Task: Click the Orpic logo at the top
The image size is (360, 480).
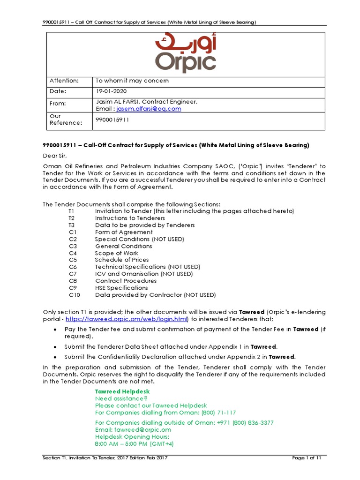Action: (x=186, y=54)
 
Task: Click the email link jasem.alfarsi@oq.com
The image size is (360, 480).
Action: (x=145, y=109)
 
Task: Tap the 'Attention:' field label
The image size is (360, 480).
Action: (x=62, y=81)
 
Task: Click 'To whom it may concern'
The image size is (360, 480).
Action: (x=132, y=81)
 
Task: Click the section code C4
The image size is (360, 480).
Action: (x=72, y=253)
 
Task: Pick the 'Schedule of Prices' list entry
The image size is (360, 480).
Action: (x=122, y=260)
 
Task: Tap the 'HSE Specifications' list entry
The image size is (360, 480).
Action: (x=121, y=288)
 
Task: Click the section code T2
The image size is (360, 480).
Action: (x=71, y=218)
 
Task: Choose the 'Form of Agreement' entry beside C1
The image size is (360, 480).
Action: (x=124, y=232)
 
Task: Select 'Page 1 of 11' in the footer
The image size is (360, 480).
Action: (x=305, y=458)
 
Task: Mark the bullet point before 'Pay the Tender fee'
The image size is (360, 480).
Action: (x=56, y=330)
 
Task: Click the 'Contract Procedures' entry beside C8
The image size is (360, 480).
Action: (x=126, y=281)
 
